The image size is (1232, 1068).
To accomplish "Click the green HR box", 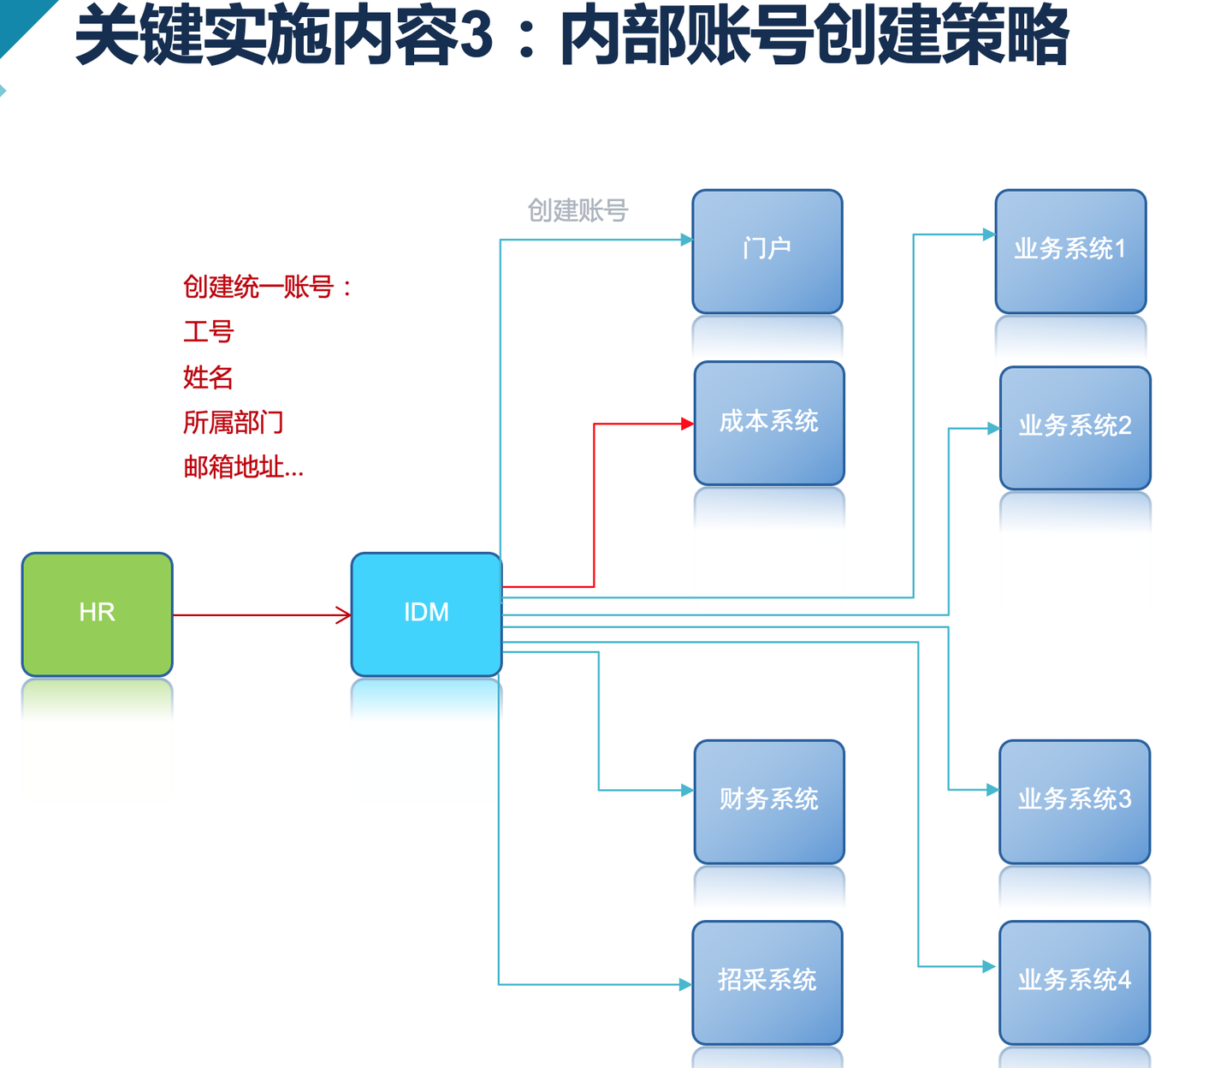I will (x=97, y=614).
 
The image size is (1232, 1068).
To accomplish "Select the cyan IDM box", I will (x=426, y=614).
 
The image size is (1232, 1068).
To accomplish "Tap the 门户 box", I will (x=767, y=250).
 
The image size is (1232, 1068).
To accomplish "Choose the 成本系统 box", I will (x=768, y=422).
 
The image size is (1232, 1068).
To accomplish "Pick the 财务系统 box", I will (x=768, y=800).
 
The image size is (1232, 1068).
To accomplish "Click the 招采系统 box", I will (x=767, y=981).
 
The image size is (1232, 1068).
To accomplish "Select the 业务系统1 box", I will (x=1069, y=250).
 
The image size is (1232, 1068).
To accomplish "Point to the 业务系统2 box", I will (x=1075, y=426).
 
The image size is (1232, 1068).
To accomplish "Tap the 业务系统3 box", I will (x=1074, y=800).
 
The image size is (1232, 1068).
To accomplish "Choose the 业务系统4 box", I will (x=1074, y=981).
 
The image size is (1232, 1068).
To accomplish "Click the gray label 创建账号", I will (x=577, y=211).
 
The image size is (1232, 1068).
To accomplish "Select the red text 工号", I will (x=208, y=332).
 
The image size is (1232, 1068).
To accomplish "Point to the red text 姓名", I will (x=208, y=377).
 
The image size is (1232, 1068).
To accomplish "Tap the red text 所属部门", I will (x=233, y=423).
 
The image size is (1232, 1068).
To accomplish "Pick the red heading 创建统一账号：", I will (x=267, y=287).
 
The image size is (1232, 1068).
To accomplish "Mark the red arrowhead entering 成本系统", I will (x=687, y=424).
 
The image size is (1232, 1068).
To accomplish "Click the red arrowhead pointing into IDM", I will (x=344, y=614).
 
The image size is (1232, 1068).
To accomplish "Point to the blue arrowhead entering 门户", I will (x=686, y=240).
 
